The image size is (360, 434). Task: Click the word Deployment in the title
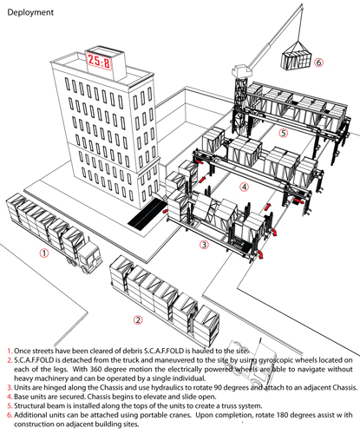tap(30, 12)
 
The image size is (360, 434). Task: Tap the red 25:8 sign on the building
tap(99, 61)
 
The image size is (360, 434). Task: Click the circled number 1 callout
tap(44, 253)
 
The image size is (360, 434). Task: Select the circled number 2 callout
tap(138, 320)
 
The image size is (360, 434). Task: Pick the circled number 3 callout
tap(204, 245)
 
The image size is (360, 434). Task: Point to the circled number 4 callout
tap(245, 187)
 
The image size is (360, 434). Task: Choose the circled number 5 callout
tap(284, 133)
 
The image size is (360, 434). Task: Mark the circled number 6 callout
tap(318, 62)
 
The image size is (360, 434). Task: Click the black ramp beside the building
tap(148, 214)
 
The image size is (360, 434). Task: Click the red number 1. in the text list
tap(10, 351)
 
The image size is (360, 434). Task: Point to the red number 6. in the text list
tap(10, 415)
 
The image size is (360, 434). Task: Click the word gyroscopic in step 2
tap(277, 360)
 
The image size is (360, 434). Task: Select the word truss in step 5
tap(229, 405)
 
